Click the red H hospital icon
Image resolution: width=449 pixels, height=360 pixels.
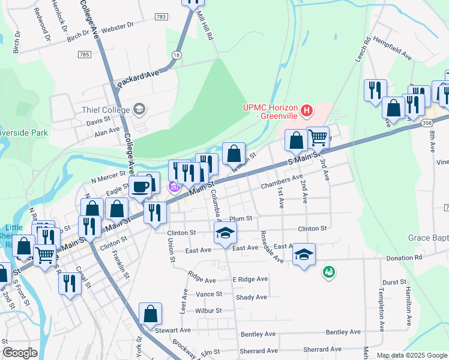pyautogui.click(x=307, y=110)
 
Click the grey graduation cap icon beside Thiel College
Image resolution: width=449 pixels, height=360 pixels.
pyautogui.click(x=139, y=109)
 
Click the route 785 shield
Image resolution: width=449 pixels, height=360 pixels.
pyautogui.click(x=84, y=55)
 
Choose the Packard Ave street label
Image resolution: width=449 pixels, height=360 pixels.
pyautogui.click(x=137, y=79)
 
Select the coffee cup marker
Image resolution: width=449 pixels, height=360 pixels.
pyautogui.click(x=141, y=187)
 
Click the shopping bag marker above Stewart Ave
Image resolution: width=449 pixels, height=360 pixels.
pyautogui.click(x=150, y=313)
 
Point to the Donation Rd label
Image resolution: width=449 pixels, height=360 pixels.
pyautogui.click(x=405, y=257)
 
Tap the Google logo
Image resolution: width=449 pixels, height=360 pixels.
pyautogui.click(x=20, y=353)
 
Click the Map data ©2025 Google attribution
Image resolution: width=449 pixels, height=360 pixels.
pyautogui.click(x=411, y=355)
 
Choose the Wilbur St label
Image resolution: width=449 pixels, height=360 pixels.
pyautogui.click(x=208, y=311)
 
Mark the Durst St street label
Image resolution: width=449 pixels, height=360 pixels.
pyautogui.click(x=394, y=281)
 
